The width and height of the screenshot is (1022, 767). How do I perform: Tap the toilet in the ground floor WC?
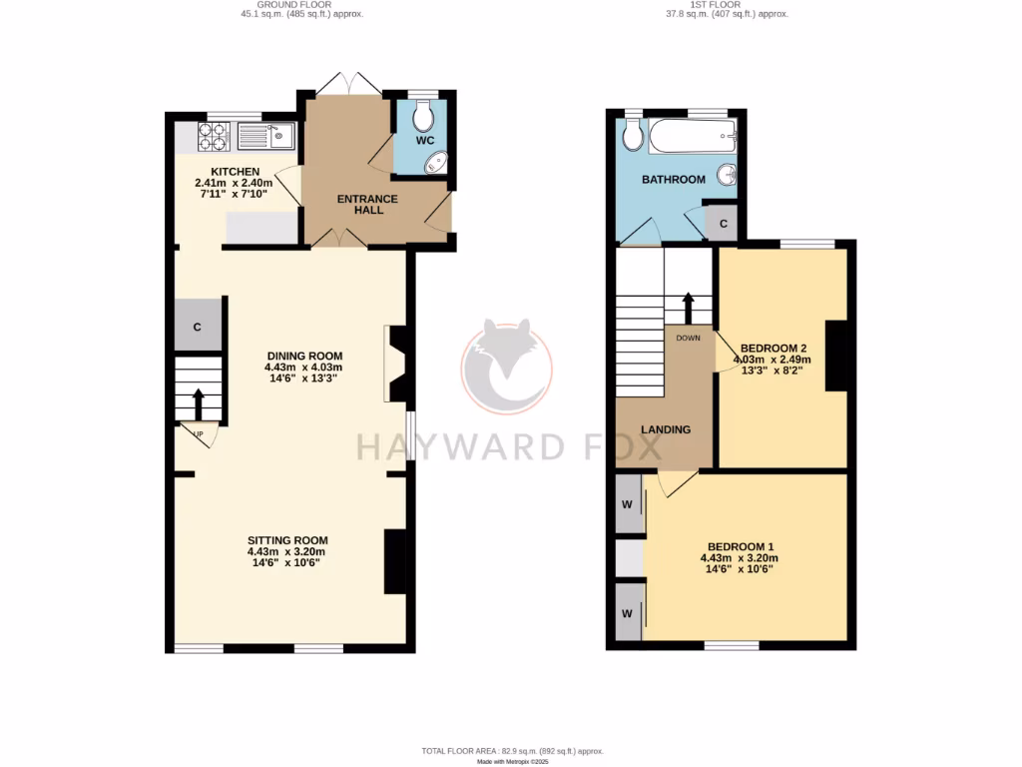(424, 117)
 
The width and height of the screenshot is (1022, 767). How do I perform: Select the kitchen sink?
(264, 135)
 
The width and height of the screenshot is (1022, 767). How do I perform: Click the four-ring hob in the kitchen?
(214, 136)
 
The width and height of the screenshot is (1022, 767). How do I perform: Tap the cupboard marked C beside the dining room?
(198, 327)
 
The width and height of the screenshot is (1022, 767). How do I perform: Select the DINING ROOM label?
(304, 356)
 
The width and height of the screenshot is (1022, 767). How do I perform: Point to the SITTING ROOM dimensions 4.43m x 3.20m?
(286, 551)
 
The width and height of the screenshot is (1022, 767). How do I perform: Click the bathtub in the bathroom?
(692, 136)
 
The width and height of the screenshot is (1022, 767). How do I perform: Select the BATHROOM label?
(673, 180)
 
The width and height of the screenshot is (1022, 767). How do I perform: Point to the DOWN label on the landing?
(689, 338)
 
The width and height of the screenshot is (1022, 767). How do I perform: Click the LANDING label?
(665, 429)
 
